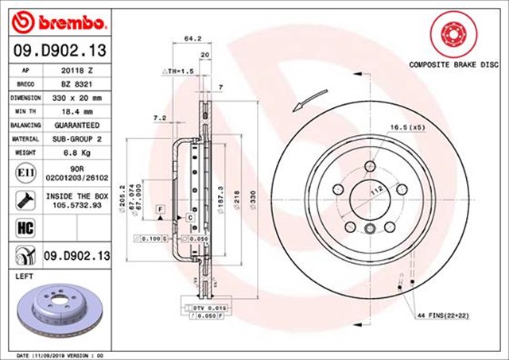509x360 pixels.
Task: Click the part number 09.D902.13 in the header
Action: click(x=56, y=52)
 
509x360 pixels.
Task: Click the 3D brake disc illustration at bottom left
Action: click(x=57, y=311)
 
